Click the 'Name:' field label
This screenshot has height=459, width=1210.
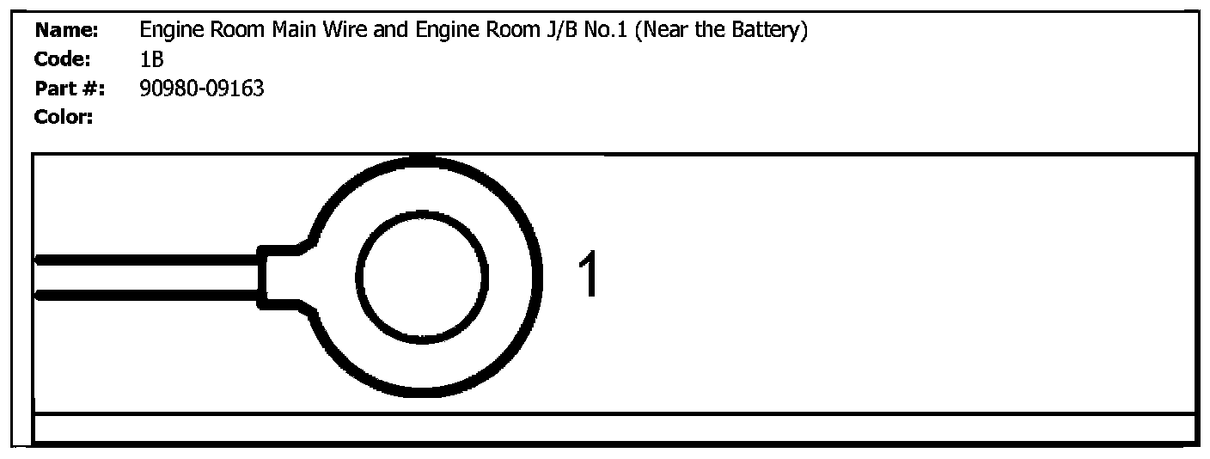[x=67, y=32]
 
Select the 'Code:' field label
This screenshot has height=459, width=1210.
[x=64, y=59]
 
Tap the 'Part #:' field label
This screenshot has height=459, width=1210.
[x=69, y=88]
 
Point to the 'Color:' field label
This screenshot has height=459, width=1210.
[x=64, y=116]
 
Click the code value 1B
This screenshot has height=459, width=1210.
[x=150, y=59]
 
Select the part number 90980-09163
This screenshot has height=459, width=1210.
[x=201, y=88]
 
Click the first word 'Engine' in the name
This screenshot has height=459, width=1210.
[x=168, y=32]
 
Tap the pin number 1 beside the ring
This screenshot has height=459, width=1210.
[x=588, y=276]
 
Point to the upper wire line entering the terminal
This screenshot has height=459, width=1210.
[x=146, y=259]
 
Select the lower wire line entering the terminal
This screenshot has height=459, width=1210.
[x=146, y=296]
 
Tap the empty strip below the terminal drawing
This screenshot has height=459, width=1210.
[x=614, y=428]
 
